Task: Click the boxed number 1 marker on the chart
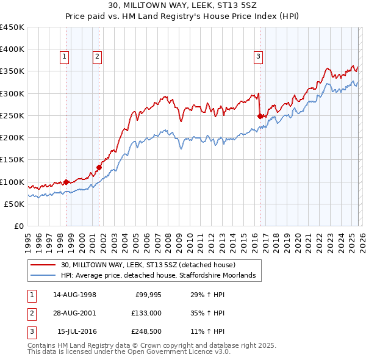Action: coord(65,57)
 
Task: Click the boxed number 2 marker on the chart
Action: coord(97,57)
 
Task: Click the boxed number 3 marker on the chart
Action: coord(258,57)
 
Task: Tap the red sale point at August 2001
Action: coord(99,167)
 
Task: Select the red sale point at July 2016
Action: coord(260,116)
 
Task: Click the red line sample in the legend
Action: coord(43,265)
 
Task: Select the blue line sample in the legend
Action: coord(43,275)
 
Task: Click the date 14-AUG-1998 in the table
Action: coord(74,295)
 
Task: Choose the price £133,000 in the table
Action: coord(146,313)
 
